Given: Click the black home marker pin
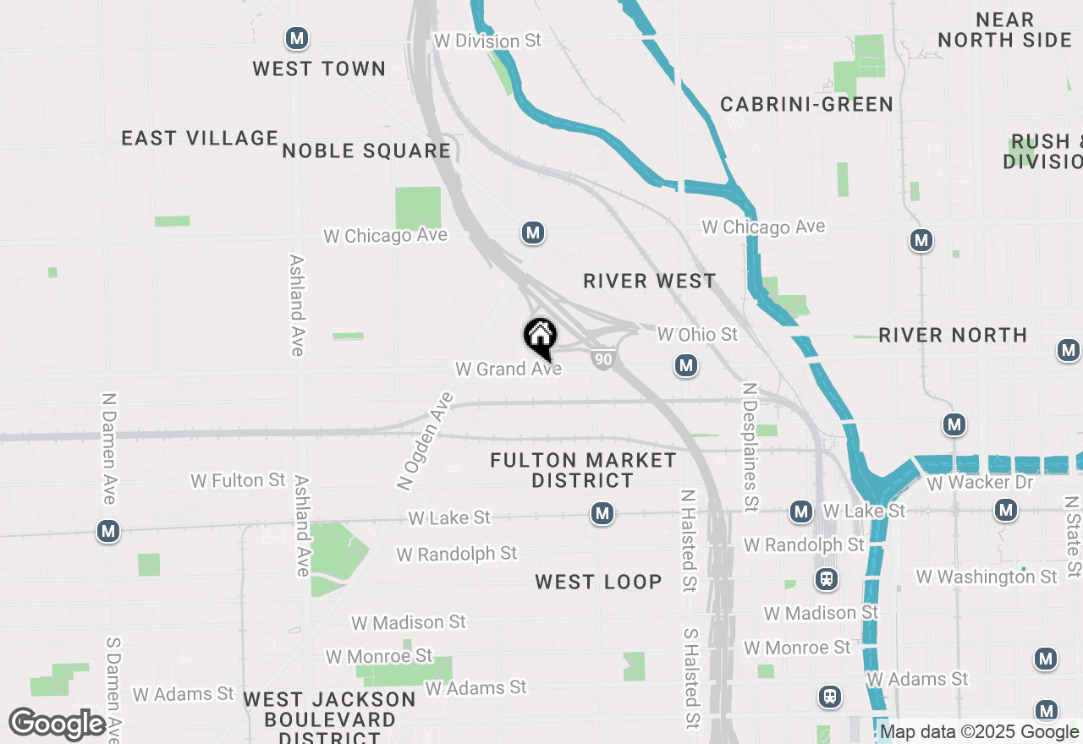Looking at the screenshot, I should [x=540, y=337].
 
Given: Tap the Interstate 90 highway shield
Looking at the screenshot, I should [x=602, y=359].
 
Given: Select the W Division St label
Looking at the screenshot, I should [x=487, y=41].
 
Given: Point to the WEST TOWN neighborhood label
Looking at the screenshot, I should [x=319, y=68].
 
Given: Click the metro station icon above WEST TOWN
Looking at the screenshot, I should [x=296, y=38].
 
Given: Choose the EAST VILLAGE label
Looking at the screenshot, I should [x=200, y=138].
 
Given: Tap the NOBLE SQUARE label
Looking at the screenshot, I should [x=366, y=151].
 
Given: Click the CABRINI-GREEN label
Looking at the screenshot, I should [x=806, y=104].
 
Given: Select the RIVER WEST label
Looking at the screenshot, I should [x=649, y=281].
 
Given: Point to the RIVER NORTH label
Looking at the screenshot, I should [x=953, y=335].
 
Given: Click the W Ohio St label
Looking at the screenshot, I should [x=697, y=335].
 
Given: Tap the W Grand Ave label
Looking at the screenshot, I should [x=508, y=369].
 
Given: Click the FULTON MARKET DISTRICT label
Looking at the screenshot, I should [x=583, y=470].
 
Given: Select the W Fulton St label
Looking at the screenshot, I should [x=238, y=480].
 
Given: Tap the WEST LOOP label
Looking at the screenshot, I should [x=598, y=582].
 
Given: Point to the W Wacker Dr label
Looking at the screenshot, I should [x=980, y=483].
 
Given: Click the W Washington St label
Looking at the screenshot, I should [x=986, y=577].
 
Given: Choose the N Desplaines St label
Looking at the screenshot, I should [x=749, y=446].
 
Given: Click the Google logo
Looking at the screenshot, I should [x=58, y=725].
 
